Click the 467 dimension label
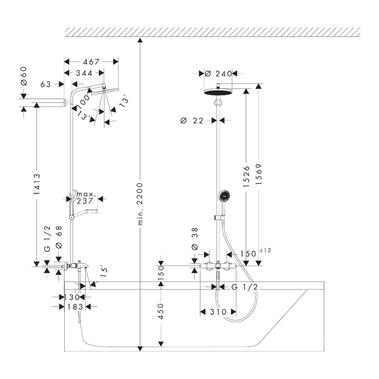coord(91,62)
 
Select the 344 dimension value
coord(84,73)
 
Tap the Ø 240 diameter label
coord(218,74)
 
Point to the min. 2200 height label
coord(140,204)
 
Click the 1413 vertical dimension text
coord(37,184)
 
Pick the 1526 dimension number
coord(246,177)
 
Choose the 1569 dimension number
coord(259,174)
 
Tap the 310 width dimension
coord(218,312)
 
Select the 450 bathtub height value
coord(161,311)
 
